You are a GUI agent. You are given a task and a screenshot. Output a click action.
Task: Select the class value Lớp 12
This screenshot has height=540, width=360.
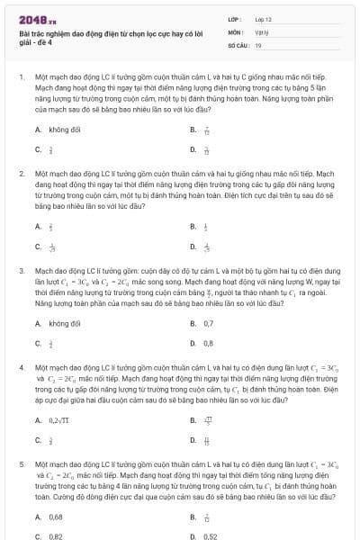[x=264, y=18]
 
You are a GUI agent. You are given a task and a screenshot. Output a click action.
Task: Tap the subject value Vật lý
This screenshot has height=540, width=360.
[x=262, y=31]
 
